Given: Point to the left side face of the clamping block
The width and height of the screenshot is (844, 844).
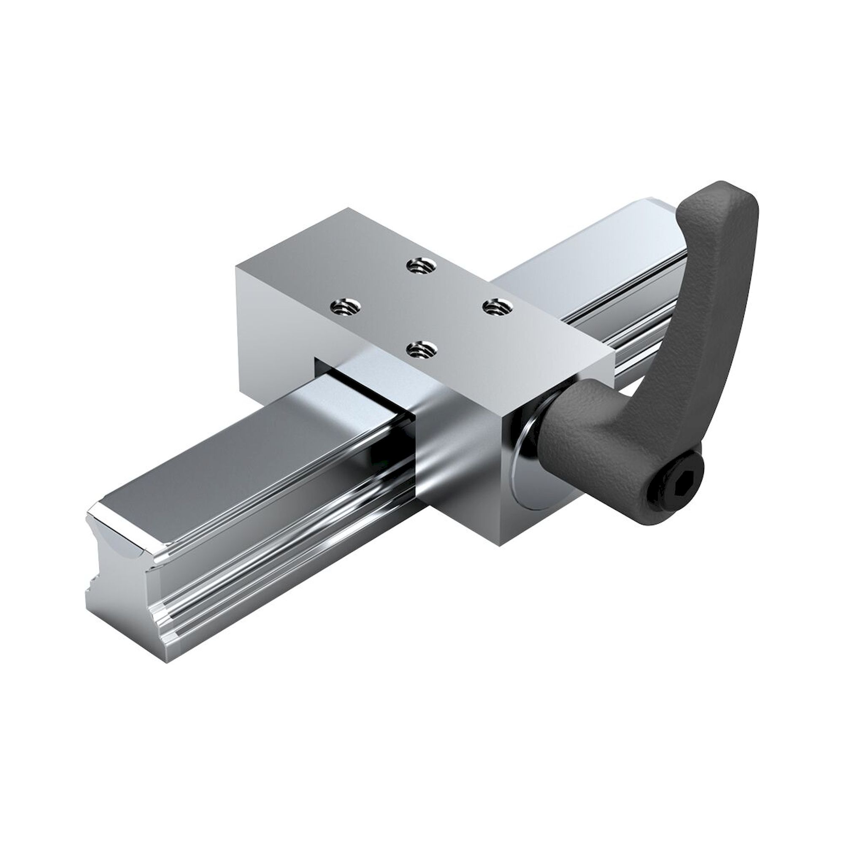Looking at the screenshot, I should coord(271,336).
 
